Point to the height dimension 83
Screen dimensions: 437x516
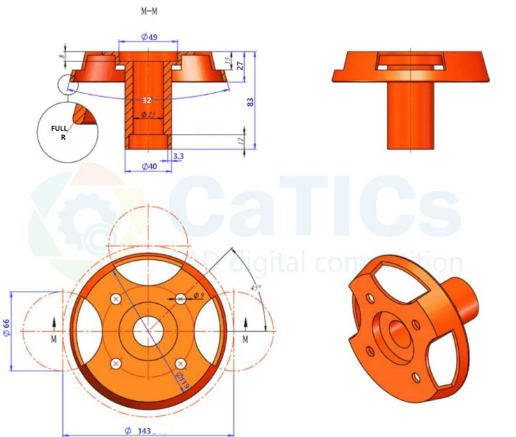pos(251,101)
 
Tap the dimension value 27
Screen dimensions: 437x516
pos(240,66)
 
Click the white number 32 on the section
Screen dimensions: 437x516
pos(146,99)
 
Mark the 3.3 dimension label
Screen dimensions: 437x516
pos(178,156)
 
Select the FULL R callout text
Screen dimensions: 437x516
pos(60,132)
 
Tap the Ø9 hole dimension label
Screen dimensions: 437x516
pos(199,295)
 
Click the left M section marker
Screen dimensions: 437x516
pos(55,338)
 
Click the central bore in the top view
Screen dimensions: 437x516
pos(148,331)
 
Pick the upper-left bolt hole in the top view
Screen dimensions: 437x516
pos(116,299)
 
